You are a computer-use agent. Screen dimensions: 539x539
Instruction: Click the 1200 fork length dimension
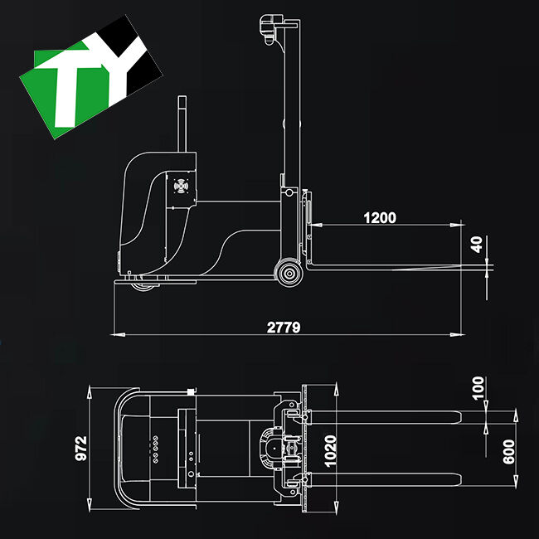[379, 218]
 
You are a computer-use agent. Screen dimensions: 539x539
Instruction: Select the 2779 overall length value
[284, 327]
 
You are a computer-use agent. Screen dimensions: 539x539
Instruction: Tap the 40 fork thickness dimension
[475, 245]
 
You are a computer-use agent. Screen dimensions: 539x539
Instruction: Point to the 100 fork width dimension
[476, 388]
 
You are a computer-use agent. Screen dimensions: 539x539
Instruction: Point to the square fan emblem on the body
[180, 187]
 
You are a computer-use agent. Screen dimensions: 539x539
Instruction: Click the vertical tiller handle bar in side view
[181, 124]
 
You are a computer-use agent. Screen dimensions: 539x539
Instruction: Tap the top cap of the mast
[274, 25]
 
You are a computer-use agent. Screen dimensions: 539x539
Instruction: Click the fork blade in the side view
[390, 267]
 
